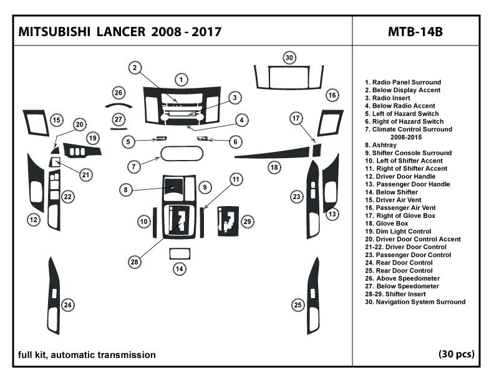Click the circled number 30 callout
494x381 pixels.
coord(289,58)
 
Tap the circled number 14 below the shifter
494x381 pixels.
coord(180,269)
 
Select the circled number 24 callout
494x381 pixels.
coord(67,304)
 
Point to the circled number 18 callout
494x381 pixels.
coord(273,167)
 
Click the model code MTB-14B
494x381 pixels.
coord(415,31)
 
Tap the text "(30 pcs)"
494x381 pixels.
coord(457,354)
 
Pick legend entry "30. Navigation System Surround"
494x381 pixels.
coord(415,302)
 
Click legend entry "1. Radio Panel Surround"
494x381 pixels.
coord(403,82)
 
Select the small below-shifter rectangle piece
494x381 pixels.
coord(180,253)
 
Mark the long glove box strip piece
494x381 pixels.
coord(274,153)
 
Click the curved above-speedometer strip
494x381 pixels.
coord(119,105)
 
